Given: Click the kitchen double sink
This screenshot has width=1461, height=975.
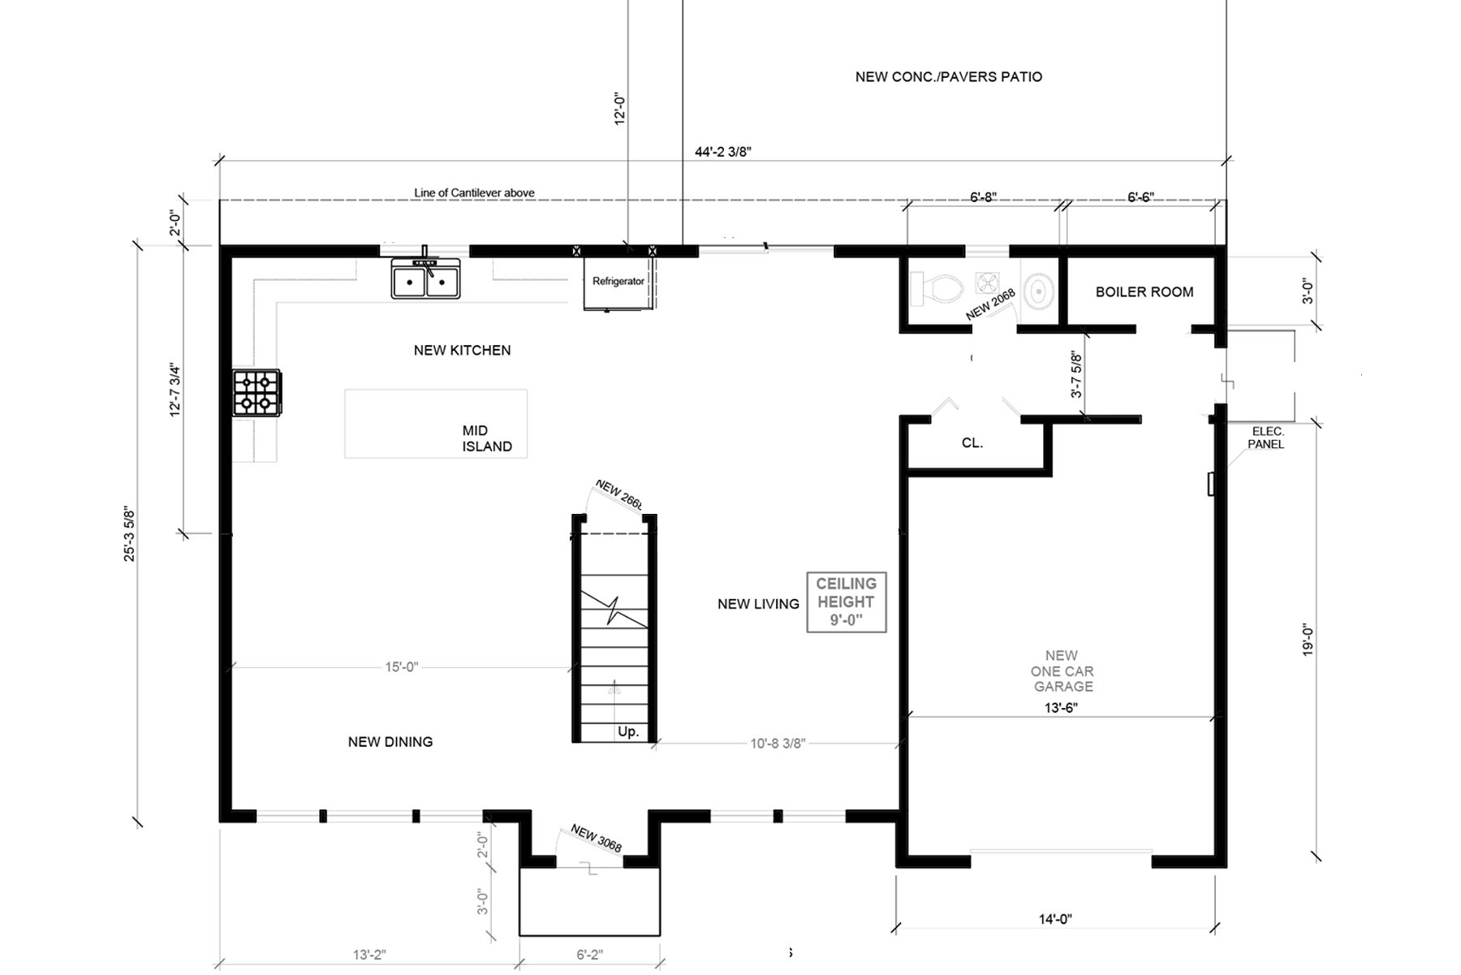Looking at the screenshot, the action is (x=425, y=278).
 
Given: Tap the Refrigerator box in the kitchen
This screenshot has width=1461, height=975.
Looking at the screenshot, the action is (x=618, y=282).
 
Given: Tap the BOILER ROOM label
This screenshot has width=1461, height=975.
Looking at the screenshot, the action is (x=1144, y=291).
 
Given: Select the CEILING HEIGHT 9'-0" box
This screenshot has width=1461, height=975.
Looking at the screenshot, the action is (x=846, y=602).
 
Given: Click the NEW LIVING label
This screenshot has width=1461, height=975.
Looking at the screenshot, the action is (x=758, y=604).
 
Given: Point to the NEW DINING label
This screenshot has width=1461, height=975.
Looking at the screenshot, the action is (x=390, y=741).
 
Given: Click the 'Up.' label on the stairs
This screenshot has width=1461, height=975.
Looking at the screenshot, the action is (x=628, y=731).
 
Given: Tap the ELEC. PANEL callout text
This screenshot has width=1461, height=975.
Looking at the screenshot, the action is (x=1266, y=438).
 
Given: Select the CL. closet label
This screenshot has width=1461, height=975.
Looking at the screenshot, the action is (x=972, y=443).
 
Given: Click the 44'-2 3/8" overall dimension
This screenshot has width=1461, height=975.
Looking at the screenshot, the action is (x=723, y=151).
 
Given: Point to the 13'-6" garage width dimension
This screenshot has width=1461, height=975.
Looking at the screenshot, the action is (x=1061, y=707).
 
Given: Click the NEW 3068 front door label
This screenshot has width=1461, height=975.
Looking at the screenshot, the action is (x=597, y=839).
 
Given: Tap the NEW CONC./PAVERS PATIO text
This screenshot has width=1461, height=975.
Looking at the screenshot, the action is (x=949, y=77).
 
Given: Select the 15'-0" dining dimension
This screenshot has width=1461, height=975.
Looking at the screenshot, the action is (x=401, y=667).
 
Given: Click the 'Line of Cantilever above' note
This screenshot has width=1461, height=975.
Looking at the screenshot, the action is (x=474, y=192).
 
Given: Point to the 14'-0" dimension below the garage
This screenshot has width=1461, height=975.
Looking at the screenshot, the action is (x=1055, y=919).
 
